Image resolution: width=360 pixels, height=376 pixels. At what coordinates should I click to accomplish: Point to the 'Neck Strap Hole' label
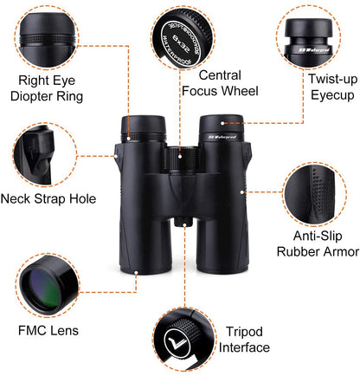(x=48, y=198)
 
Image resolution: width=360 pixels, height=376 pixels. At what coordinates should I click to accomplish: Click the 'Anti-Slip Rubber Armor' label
(x=318, y=243)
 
